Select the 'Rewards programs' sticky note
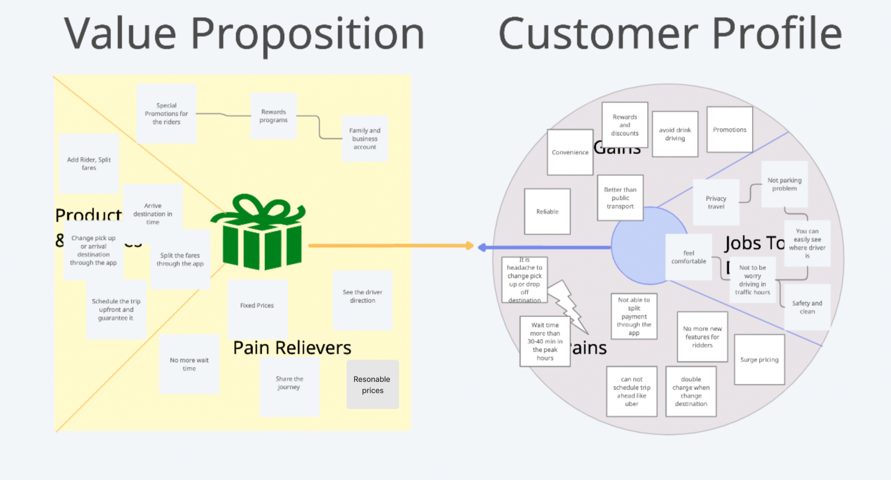[x=273, y=116]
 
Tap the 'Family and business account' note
[x=365, y=138]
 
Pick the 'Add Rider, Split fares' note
[x=89, y=163]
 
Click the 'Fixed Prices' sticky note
[x=257, y=305]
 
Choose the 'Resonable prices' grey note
[x=373, y=384]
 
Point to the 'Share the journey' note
[x=289, y=383]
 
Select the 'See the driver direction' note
[x=362, y=296]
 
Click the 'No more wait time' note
[x=189, y=364]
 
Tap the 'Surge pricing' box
[x=759, y=359]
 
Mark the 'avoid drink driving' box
[x=675, y=134]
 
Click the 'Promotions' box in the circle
[x=730, y=130]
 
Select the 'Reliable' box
[x=547, y=212]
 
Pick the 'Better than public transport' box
[x=620, y=198]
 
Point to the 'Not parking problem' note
[x=784, y=184]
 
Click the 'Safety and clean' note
[x=807, y=307]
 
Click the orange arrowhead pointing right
[x=470, y=246]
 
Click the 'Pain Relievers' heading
[x=292, y=348]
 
